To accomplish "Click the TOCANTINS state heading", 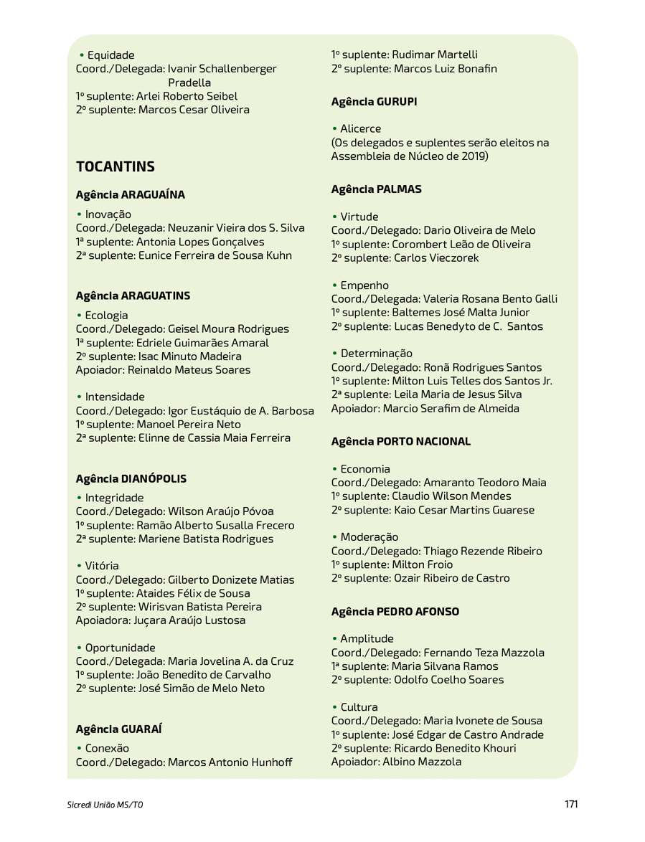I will pos(116,166).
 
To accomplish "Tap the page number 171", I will pos(570,804).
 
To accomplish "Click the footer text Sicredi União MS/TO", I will pos(100,805).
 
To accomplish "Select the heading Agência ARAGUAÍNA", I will pos(130,194).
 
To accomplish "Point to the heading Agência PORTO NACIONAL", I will pos(400,442).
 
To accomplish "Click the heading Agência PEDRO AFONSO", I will pos(395,612).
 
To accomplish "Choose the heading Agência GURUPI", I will pos(374,102).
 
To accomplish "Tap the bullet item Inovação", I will pos(108,214).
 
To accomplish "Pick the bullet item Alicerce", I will pos(360,129).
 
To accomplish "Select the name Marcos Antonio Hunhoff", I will pos(230,762).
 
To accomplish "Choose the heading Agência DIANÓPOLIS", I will pos(131,478).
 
